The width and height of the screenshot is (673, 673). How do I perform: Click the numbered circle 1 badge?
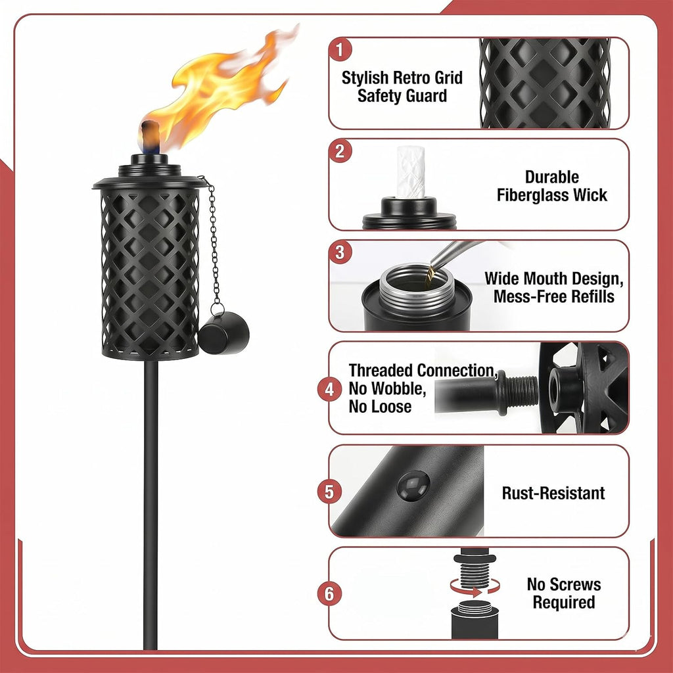(x=340, y=49)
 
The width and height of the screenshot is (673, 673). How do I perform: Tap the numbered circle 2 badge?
(x=340, y=151)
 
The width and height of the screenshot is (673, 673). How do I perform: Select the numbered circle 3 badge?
(x=340, y=252)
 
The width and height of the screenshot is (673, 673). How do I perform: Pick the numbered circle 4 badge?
(x=329, y=389)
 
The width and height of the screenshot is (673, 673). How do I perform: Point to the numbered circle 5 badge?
(x=329, y=492)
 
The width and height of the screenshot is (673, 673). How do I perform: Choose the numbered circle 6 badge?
(x=329, y=593)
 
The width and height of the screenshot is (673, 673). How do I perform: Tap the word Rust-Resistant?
(x=553, y=493)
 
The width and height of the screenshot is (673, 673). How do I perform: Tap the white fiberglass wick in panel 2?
(x=410, y=172)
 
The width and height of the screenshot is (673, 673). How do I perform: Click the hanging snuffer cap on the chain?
(x=223, y=333)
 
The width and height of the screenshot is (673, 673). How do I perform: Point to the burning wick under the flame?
(x=150, y=137)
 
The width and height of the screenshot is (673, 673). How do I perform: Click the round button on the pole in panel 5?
(x=413, y=486)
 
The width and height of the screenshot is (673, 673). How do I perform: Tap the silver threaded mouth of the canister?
(x=414, y=285)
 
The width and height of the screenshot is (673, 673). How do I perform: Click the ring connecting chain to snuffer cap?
(x=217, y=309)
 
